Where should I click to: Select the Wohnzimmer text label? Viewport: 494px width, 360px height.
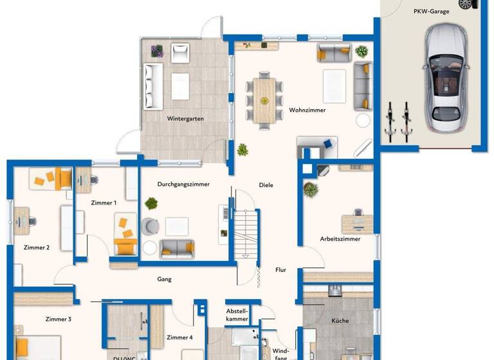click(x=307, y=110)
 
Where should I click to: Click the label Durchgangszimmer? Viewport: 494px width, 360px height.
click(x=183, y=184)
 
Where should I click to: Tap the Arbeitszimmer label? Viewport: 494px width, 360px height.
click(x=340, y=239)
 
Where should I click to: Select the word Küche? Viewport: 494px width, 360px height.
click(x=340, y=320)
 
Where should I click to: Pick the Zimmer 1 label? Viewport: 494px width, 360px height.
click(x=104, y=203)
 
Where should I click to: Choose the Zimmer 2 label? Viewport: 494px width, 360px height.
click(x=37, y=248)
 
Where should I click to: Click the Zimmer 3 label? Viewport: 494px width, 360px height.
click(x=59, y=319)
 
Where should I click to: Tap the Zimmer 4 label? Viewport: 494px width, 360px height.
click(x=179, y=337)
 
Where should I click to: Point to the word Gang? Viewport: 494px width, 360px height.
click(x=164, y=279)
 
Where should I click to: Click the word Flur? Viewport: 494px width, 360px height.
click(x=280, y=270)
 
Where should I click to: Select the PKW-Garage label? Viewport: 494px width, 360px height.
click(x=431, y=11)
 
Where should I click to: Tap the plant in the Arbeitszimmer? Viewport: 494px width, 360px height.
click(x=311, y=190)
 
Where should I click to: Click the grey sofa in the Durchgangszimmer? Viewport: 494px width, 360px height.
click(x=177, y=248)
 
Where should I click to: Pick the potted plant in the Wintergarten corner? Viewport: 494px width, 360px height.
click(x=156, y=50)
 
